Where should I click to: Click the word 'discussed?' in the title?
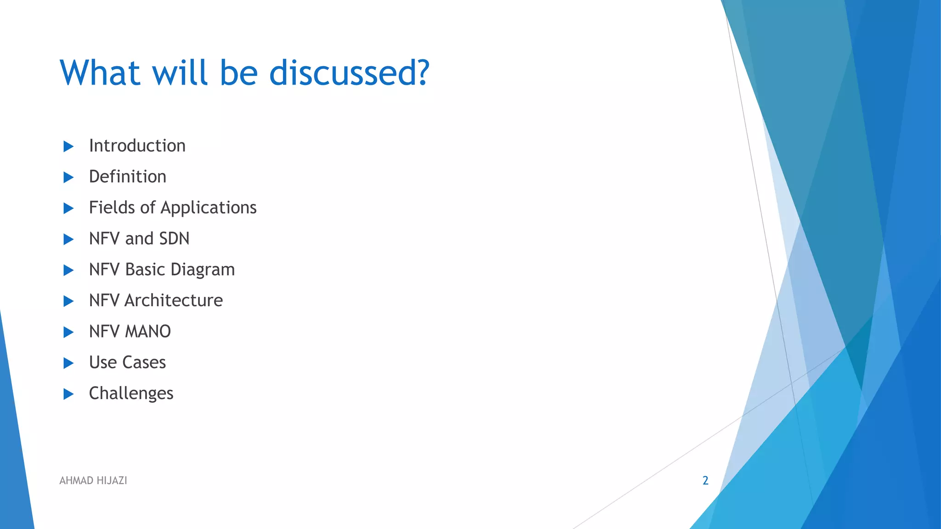coord(349,73)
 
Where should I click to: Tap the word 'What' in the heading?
coord(100,73)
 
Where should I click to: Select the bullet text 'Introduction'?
coord(137,146)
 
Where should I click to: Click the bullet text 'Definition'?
coord(127,177)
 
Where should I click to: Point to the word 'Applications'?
coord(208,208)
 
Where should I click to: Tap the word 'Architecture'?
coord(174,301)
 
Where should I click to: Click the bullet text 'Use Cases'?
coord(127,363)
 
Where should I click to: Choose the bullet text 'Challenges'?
coord(131,394)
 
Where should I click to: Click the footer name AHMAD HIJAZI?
coord(93,480)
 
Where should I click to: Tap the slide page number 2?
coord(705,480)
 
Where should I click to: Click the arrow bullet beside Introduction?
coord(68,146)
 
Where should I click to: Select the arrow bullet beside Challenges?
coord(68,394)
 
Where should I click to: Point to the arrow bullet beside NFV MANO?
coord(68,332)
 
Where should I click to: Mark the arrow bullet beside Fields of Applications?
coord(68,208)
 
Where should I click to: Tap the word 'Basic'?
coord(145,270)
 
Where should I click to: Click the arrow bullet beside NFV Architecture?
coord(68,301)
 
